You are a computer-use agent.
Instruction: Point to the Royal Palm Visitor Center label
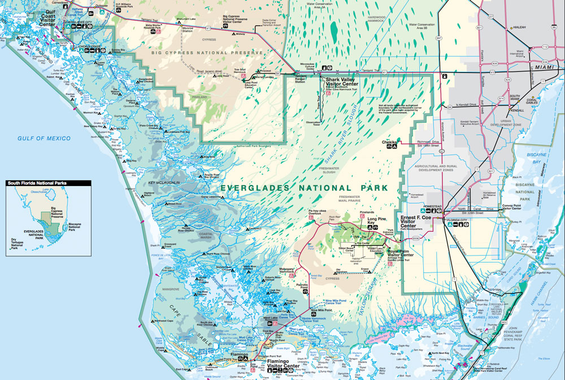point(401,254)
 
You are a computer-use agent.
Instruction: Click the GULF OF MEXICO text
point(44,138)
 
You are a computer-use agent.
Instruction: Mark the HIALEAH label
point(521,27)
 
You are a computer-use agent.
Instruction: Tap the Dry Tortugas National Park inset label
point(19,243)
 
